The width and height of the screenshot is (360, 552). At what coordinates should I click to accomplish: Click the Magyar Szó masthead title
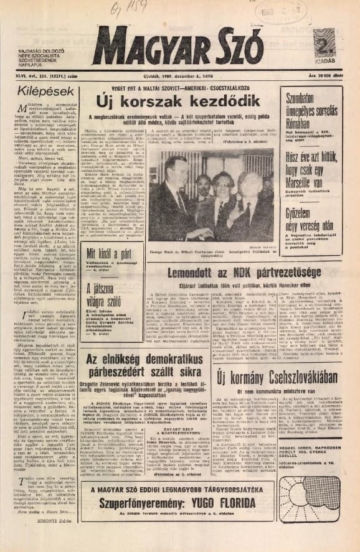click(x=177, y=47)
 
